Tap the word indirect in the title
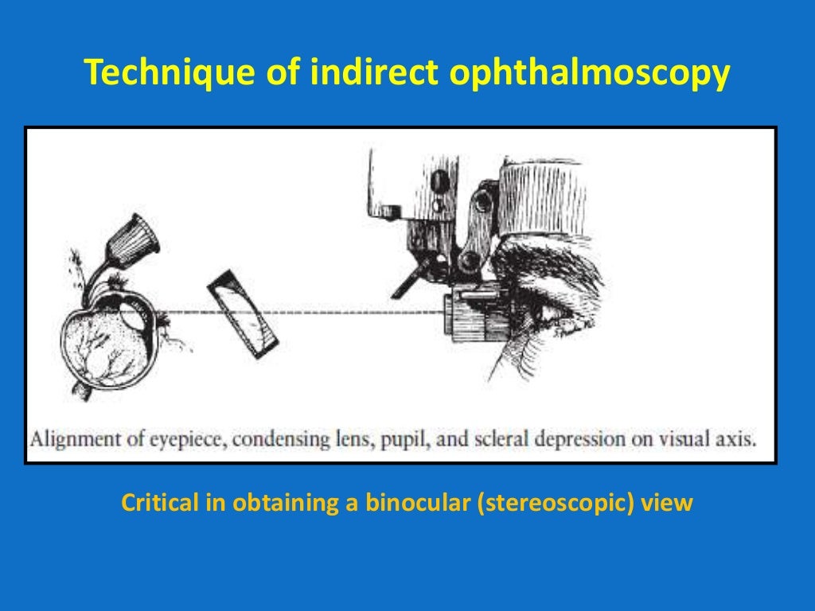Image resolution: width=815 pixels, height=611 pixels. pyautogui.click(x=371, y=74)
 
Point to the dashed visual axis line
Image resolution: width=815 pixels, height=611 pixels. pyautogui.click(x=358, y=310)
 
